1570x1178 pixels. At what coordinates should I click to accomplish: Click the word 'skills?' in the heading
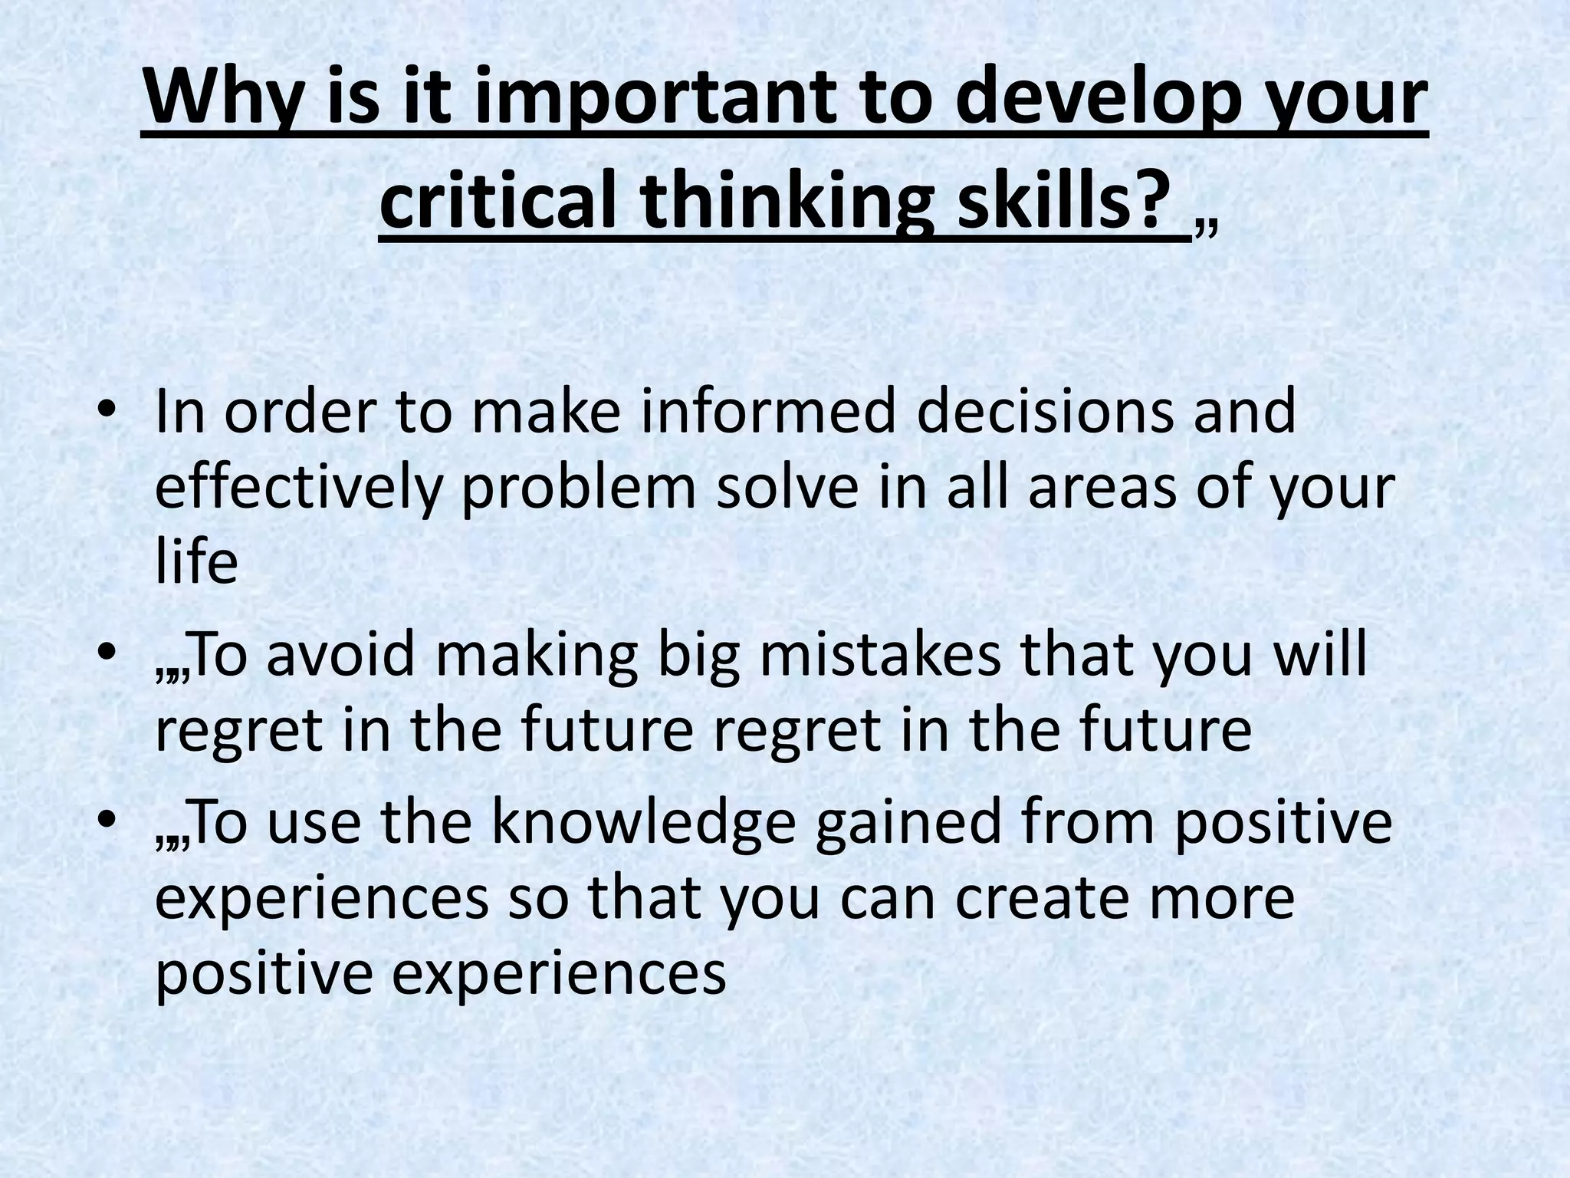pos(1064,203)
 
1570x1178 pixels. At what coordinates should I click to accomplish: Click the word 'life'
pos(196,562)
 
